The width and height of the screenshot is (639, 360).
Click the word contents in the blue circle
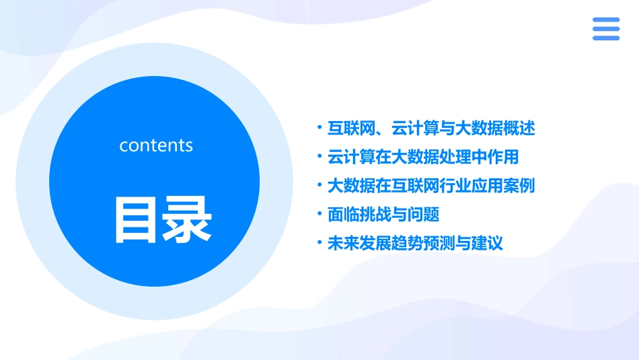156,145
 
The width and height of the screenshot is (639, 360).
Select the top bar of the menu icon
605,20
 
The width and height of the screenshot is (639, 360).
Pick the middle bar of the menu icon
605,29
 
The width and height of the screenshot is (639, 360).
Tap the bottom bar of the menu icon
605,38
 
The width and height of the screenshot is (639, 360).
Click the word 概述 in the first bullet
519,128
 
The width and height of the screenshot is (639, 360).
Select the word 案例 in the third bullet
519,186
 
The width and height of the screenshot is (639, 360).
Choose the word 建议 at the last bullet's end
487,244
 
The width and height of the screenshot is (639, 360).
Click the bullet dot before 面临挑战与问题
320,215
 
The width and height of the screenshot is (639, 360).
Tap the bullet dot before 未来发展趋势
320,244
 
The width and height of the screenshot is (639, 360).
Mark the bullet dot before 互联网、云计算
320,128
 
